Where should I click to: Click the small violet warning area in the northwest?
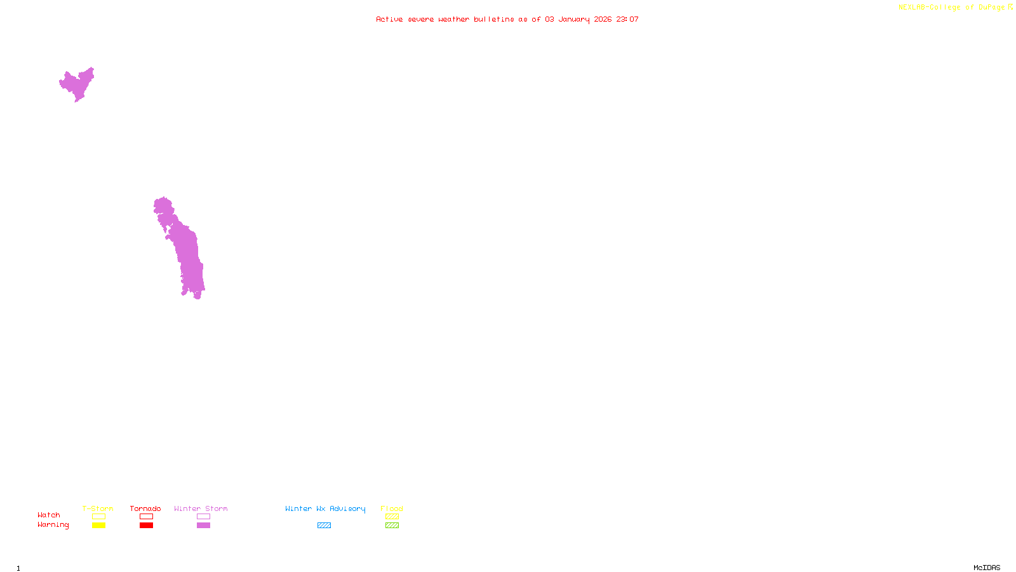click(x=77, y=84)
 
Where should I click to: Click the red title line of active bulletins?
click(x=507, y=20)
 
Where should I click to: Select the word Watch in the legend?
click(x=49, y=515)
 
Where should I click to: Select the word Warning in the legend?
click(x=53, y=525)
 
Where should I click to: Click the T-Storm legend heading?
click(x=98, y=508)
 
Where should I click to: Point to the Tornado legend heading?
click(x=145, y=508)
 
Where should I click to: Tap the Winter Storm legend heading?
click(x=201, y=508)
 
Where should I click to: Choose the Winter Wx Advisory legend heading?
click(x=325, y=508)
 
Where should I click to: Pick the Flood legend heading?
click(x=392, y=508)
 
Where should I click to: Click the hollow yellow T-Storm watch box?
click(x=98, y=517)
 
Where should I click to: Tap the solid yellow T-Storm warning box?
click(x=98, y=526)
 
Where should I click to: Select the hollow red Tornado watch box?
click(x=146, y=517)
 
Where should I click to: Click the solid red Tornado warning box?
click(x=146, y=526)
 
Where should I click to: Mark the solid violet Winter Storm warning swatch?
click(x=203, y=526)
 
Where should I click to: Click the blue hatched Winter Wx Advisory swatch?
click(x=324, y=526)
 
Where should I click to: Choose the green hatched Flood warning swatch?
click(x=392, y=526)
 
